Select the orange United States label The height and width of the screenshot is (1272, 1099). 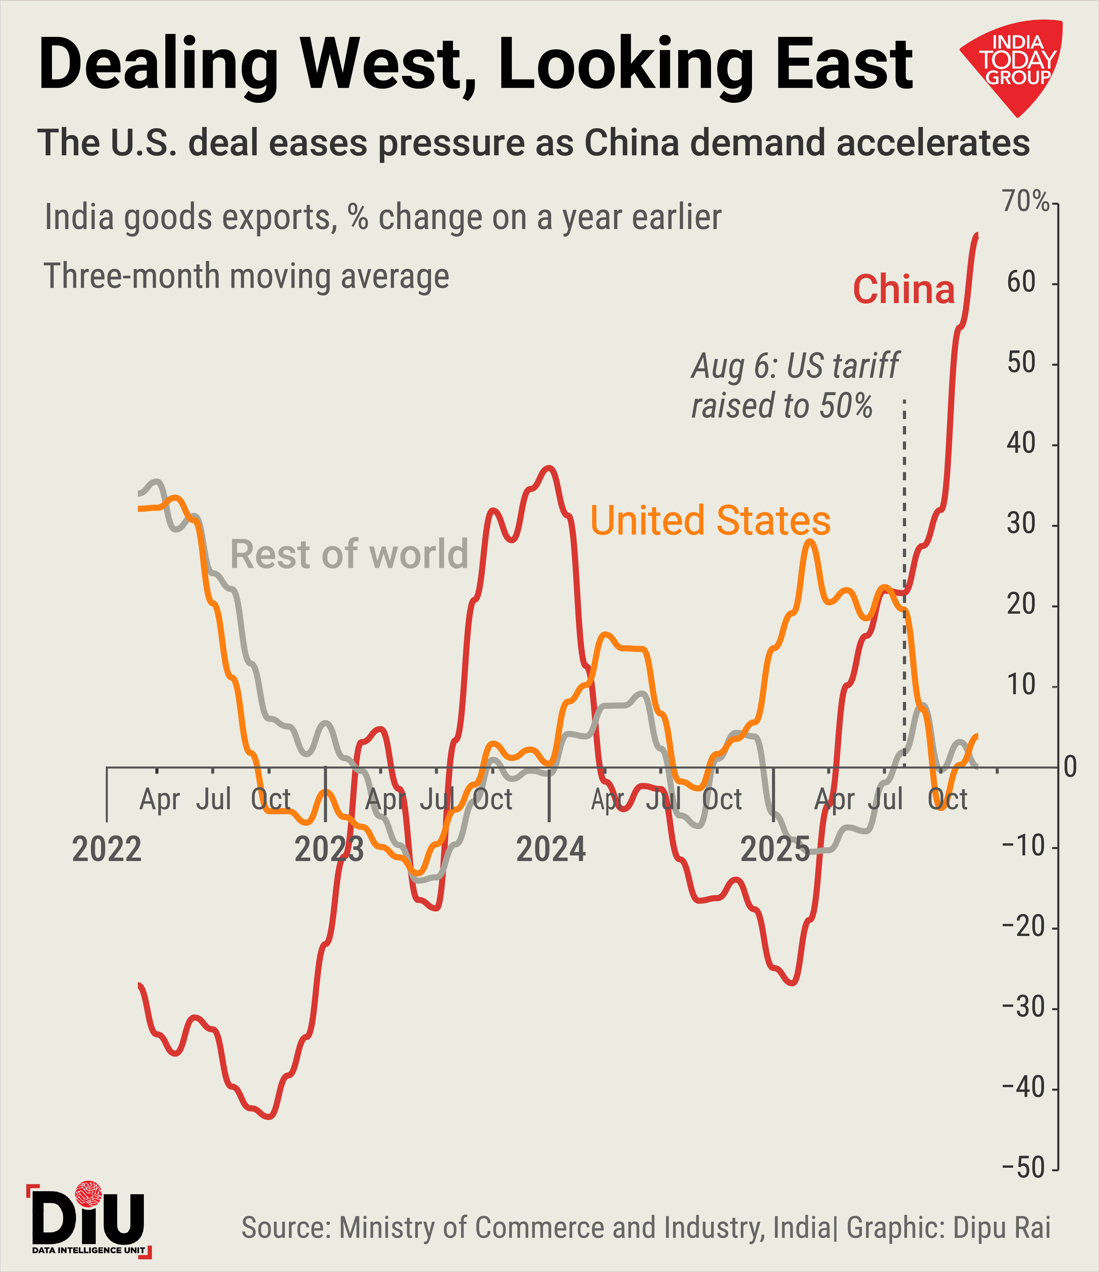point(710,521)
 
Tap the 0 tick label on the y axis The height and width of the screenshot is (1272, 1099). point(1069,767)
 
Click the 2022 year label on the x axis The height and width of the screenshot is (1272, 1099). point(107,850)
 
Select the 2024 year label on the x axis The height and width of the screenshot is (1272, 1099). point(551,850)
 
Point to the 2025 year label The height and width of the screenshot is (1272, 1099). point(775,850)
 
